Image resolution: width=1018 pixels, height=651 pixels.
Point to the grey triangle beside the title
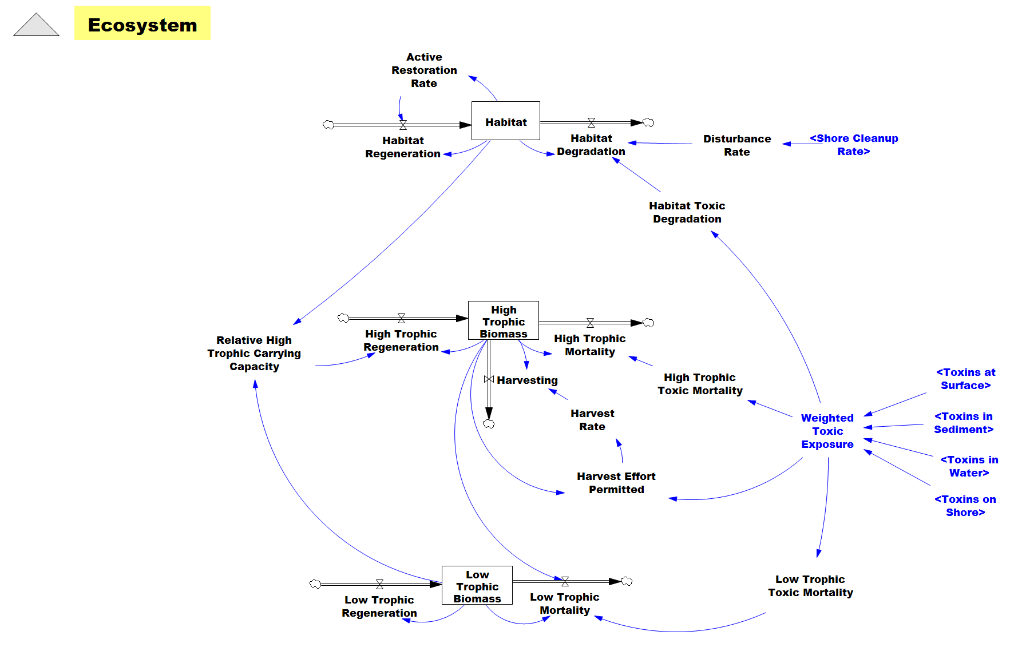tap(36, 25)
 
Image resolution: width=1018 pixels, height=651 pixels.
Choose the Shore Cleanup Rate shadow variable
tap(854, 145)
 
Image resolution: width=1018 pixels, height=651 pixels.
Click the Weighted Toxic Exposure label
tap(827, 431)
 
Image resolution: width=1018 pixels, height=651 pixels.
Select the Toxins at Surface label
tap(966, 379)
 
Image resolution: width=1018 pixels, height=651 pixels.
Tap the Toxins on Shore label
tap(965, 506)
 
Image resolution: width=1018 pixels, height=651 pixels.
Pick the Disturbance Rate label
tap(737, 145)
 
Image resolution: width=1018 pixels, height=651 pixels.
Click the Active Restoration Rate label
tap(424, 70)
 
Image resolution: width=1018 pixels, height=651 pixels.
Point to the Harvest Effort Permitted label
tap(616, 483)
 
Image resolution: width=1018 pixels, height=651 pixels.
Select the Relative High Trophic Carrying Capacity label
tap(254, 354)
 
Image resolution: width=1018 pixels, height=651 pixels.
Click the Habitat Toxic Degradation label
tap(687, 212)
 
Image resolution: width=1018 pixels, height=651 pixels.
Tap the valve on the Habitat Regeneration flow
tap(403, 125)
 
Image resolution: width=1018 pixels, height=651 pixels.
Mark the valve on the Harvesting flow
tap(489, 379)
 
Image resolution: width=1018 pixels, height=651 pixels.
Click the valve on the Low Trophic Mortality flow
tap(565, 581)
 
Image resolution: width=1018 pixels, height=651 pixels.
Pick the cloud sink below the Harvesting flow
tap(489, 424)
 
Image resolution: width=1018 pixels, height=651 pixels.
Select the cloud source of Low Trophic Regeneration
tap(315, 584)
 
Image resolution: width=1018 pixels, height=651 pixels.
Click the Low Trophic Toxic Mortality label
tap(810, 586)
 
